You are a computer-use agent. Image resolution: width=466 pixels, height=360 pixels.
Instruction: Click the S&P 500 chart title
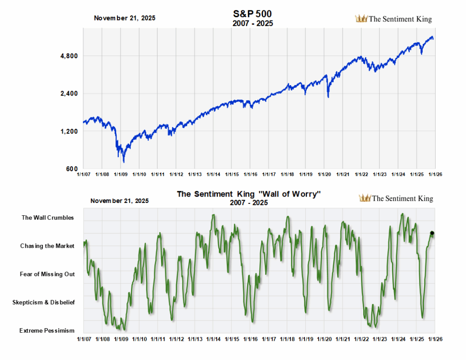coord(252,14)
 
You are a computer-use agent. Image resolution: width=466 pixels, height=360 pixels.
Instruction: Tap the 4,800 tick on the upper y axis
coord(70,56)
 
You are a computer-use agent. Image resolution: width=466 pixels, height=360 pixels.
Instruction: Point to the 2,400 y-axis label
coord(70,94)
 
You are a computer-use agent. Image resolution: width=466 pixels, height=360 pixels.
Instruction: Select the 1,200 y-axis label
coord(70,132)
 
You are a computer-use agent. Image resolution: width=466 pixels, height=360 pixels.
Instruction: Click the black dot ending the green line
coord(432,233)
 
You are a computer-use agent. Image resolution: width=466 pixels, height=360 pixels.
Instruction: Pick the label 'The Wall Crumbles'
coord(48,218)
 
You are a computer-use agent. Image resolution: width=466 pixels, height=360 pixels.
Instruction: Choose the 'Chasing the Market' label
coord(47,246)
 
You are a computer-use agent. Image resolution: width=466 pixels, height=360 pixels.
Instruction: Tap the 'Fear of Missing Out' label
coord(47,274)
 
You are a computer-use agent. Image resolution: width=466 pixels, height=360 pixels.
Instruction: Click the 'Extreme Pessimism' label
coord(47,330)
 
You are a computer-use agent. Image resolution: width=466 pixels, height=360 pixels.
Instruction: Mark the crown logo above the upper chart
coord(361,19)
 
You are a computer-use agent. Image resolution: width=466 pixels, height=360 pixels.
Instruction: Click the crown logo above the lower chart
coord(365,198)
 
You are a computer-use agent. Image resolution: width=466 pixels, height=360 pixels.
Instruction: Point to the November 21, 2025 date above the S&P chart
coord(124,18)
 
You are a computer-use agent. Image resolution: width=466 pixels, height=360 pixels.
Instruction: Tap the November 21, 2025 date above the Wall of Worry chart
coord(120,200)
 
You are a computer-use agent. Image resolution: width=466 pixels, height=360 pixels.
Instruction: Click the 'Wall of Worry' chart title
coord(249,194)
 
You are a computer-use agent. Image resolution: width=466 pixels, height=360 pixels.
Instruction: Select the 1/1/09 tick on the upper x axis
coord(120,174)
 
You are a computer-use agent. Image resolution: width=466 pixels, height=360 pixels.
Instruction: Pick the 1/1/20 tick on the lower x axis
coord(324,340)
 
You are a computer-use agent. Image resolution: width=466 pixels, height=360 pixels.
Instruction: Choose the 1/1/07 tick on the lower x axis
coord(83,340)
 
